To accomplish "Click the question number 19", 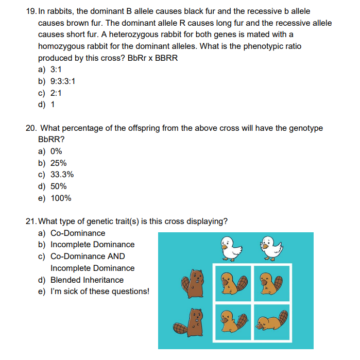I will (x=30, y=11).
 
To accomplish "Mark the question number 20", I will (x=30, y=128).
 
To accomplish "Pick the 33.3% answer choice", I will (x=62, y=175).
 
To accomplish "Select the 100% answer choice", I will (x=61, y=198).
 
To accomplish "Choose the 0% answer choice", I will (x=56, y=151).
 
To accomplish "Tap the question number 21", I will (x=30, y=221).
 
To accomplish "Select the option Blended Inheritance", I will (x=87, y=280).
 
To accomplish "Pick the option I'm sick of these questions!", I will (x=100, y=292).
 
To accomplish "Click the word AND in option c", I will (x=116, y=256).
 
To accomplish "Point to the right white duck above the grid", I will (x=270, y=247).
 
